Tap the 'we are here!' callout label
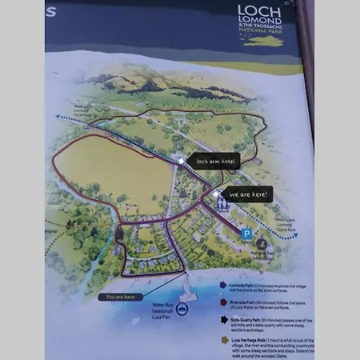(x=247, y=194)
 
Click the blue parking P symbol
(x=247, y=233)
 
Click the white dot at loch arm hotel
(x=182, y=161)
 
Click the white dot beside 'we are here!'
(x=216, y=194)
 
